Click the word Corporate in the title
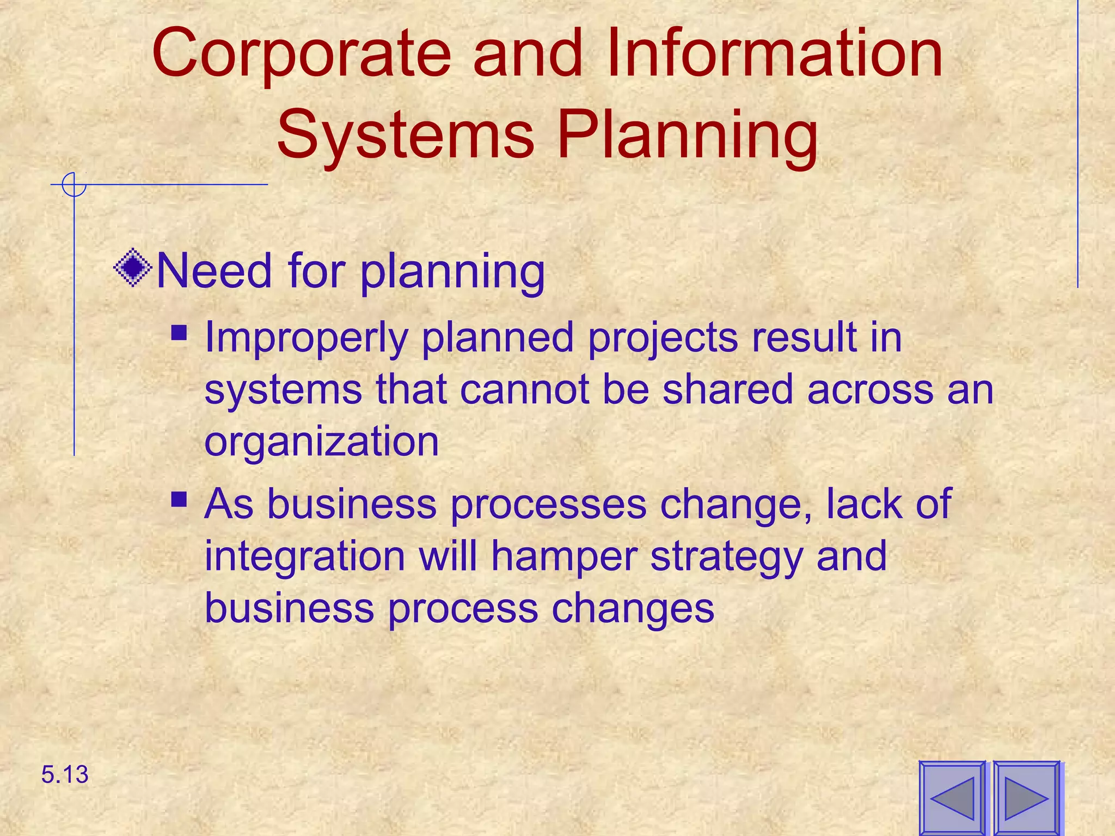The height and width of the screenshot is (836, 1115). [x=301, y=54]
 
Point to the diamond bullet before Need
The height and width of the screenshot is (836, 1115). [x=133, y=268]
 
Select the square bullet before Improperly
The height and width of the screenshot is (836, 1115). [x=179, y=332]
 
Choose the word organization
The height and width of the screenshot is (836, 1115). [x=321, y=442]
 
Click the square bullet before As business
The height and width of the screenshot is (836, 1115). [x=179, y=499]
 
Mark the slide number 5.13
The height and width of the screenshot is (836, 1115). [x=65, y=774]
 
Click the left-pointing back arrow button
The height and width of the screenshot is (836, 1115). [x=952, y=797]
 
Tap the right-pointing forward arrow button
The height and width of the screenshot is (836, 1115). [x=1026, y=797]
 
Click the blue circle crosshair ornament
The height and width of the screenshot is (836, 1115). [x=73, y=185]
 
